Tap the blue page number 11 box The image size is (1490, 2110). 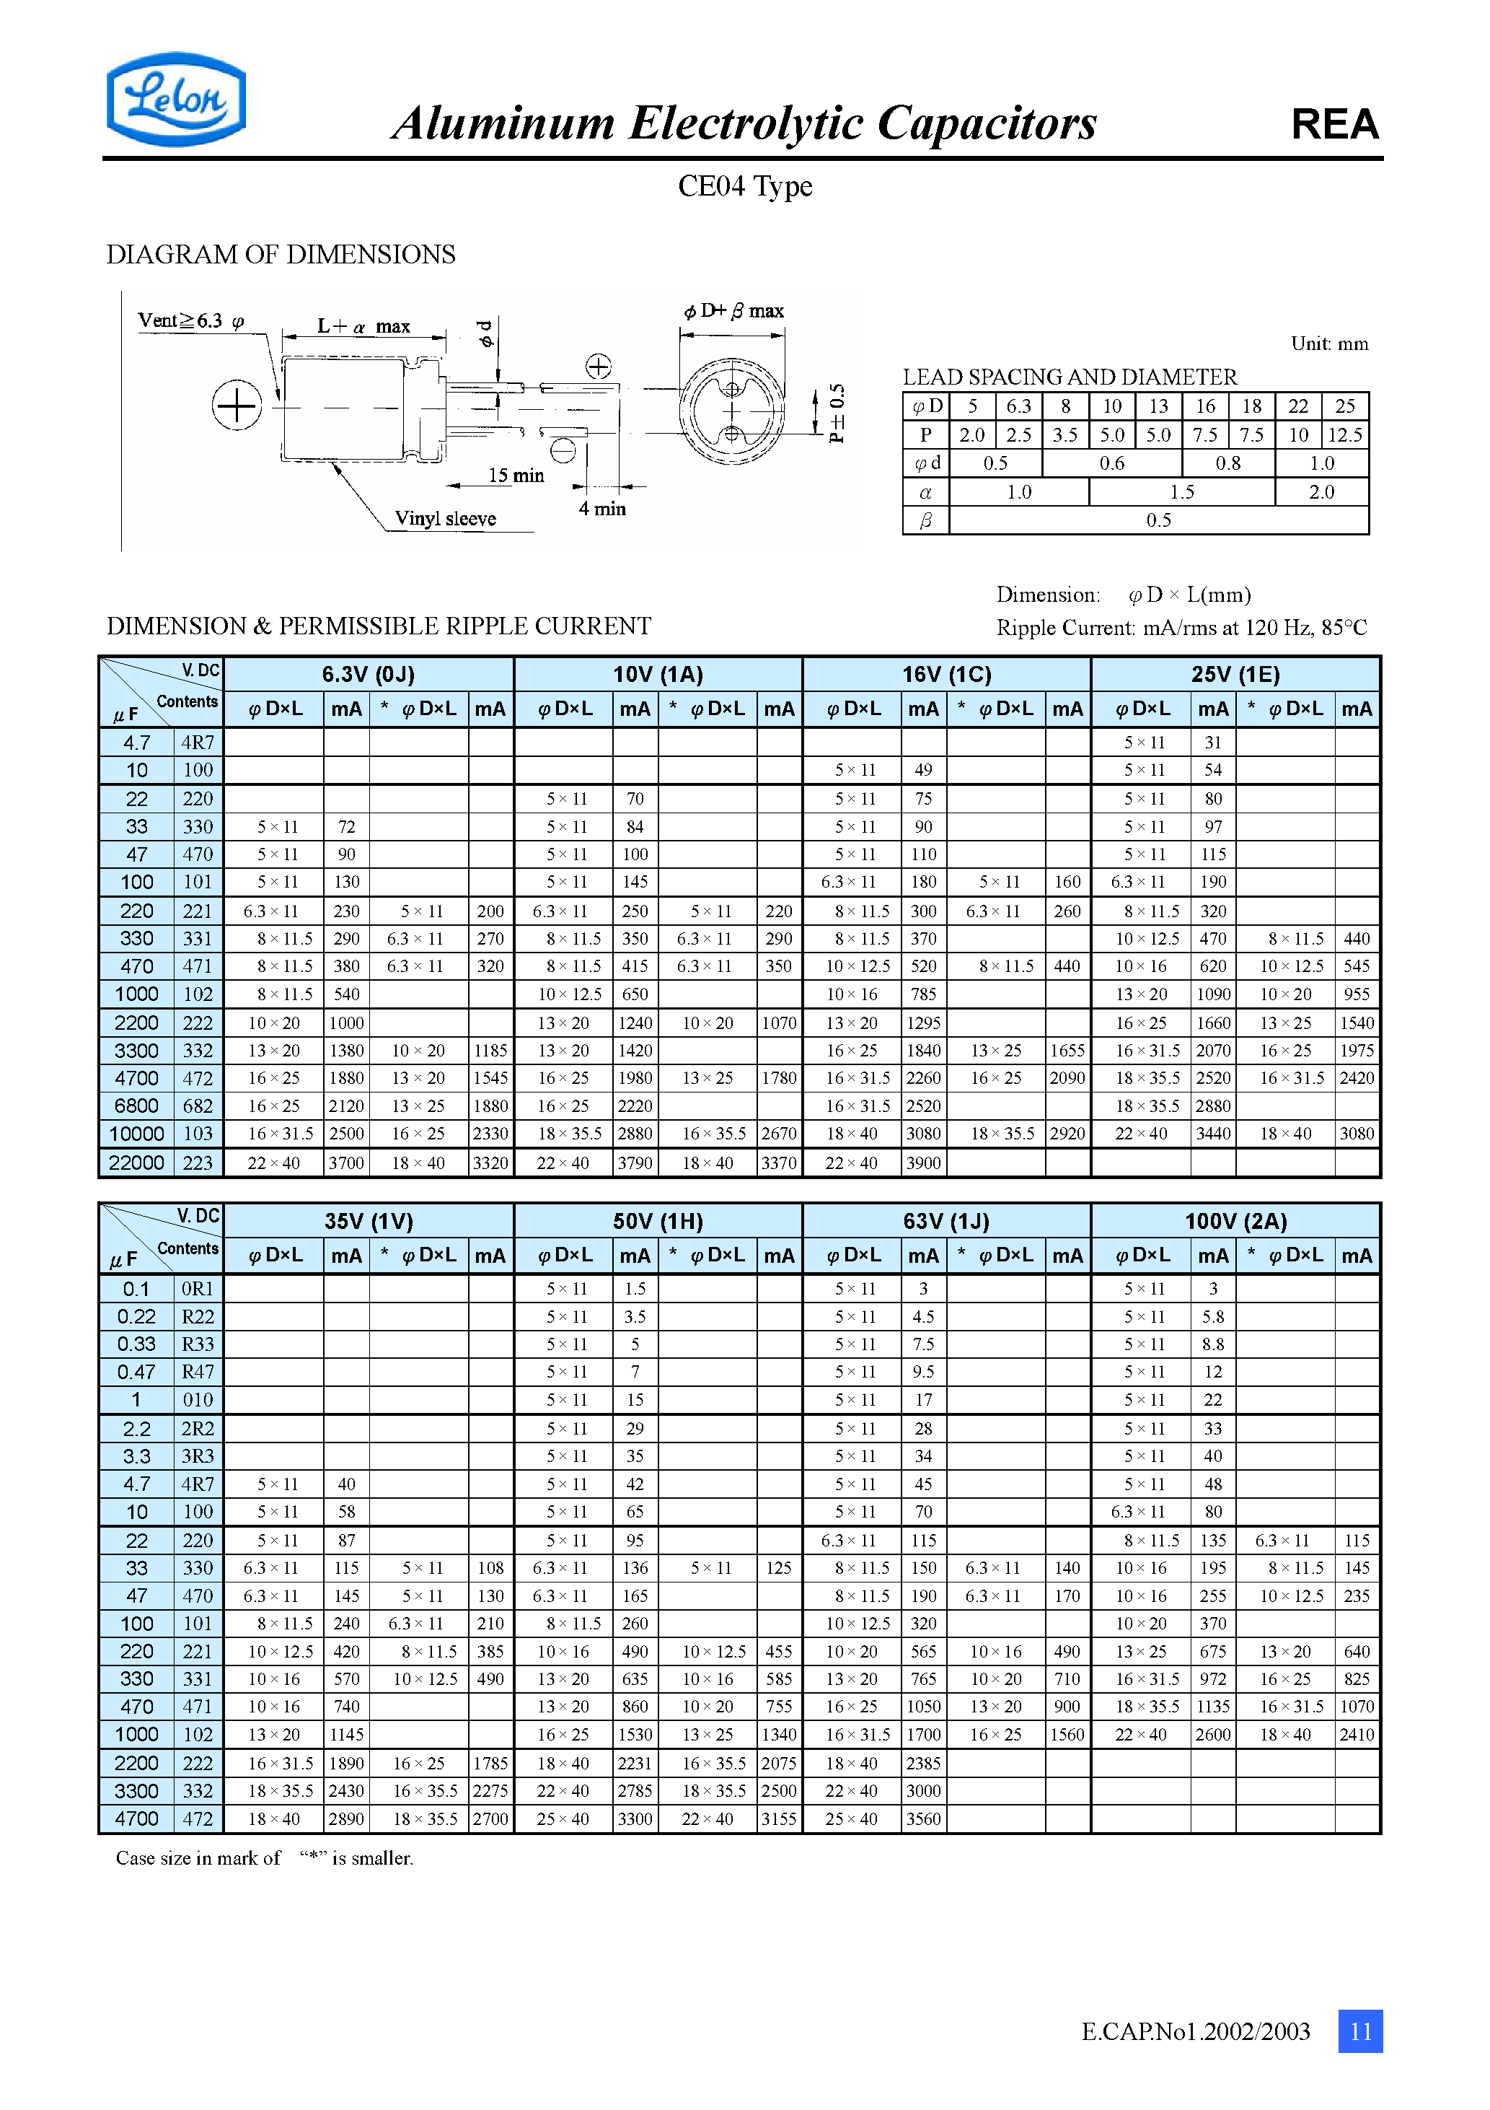(x=1359, y=2031)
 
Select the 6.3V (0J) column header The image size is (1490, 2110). (x=369, y=675)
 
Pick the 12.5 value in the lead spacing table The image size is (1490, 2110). (x=1345, y=434)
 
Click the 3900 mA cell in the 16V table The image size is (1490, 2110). (x=923, y=1163)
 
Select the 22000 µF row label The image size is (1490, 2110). (x=136, y=1163)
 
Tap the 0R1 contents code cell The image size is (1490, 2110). (x=198, y=1288)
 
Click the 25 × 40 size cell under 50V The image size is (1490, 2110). (x=563, y=1818)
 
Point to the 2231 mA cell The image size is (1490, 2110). (x=635, y=1763)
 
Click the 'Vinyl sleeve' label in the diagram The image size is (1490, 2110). (x=446, y=518)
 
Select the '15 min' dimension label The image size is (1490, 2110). (x=516, y=475)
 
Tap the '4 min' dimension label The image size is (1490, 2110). (x=601, y=508)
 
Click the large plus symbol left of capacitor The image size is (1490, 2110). (x=237, y=406)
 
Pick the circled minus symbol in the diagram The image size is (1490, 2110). (x=563, y=451)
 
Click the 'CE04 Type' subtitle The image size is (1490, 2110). (x=745, y=185)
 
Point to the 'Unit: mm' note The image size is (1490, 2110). (x=1329, y=343)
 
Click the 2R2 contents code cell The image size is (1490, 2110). (x=198, y=1428)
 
